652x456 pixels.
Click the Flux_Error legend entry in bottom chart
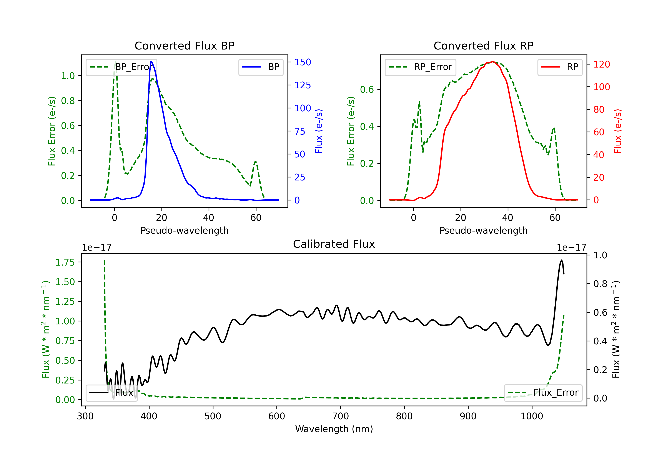click(543, 393)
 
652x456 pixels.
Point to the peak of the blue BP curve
click(151, 62)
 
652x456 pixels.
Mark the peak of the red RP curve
click(493, 62)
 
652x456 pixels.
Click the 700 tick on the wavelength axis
click(341, 416)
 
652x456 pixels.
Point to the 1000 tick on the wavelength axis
click(532, 416)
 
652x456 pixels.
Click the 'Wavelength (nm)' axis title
click(334, 429)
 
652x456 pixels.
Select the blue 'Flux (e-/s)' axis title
click(319, 131)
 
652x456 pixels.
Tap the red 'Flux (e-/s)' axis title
click(618, 131)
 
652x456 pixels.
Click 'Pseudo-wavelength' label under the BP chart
click(185, 230)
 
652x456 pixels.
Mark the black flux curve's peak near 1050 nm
click(561, 260)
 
